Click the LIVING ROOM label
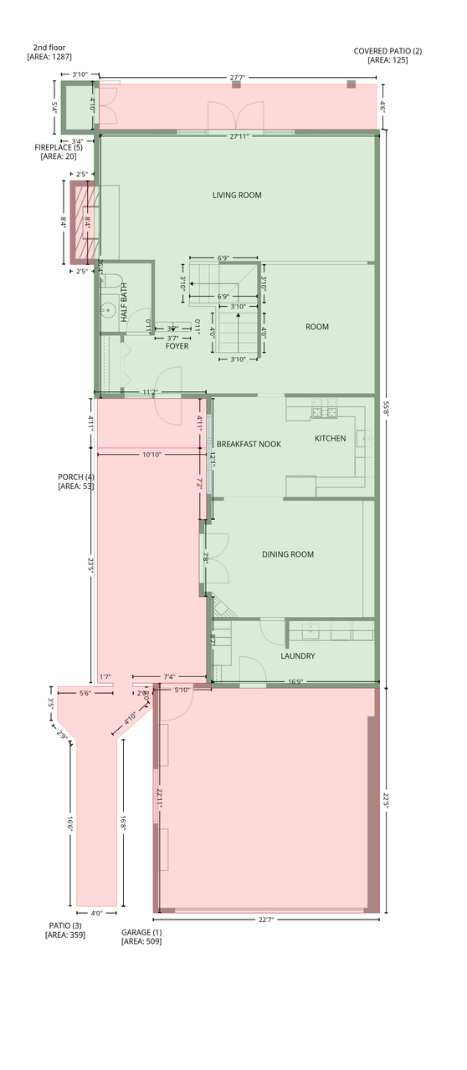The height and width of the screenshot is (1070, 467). click(x=237, y=196)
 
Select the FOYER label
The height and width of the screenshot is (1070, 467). click(x=177, y=346)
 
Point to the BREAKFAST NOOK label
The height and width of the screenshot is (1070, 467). click(x=249, y=444)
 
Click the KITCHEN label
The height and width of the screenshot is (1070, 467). click(x=330, y=439)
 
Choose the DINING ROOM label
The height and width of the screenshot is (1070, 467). click(x=287, y=554)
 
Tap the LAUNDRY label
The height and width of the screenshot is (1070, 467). click(x=297, y=656)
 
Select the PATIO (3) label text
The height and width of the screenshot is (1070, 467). click(x=64, y=925)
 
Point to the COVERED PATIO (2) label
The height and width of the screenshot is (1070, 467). click(x=387, y=51)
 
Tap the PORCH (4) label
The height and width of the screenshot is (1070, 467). click(x=75, y=477)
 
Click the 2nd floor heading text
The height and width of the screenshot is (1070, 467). click(x=49, y=48)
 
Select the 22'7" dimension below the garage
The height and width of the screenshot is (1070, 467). click(x=266, y=920)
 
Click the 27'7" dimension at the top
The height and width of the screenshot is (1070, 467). click(x=238, y=77)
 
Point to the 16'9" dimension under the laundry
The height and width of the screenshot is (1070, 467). click(x=296, y=681)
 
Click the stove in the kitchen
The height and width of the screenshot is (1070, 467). click(x=324, y=408)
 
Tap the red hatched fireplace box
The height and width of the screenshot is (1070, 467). click(x=82, y=223)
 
